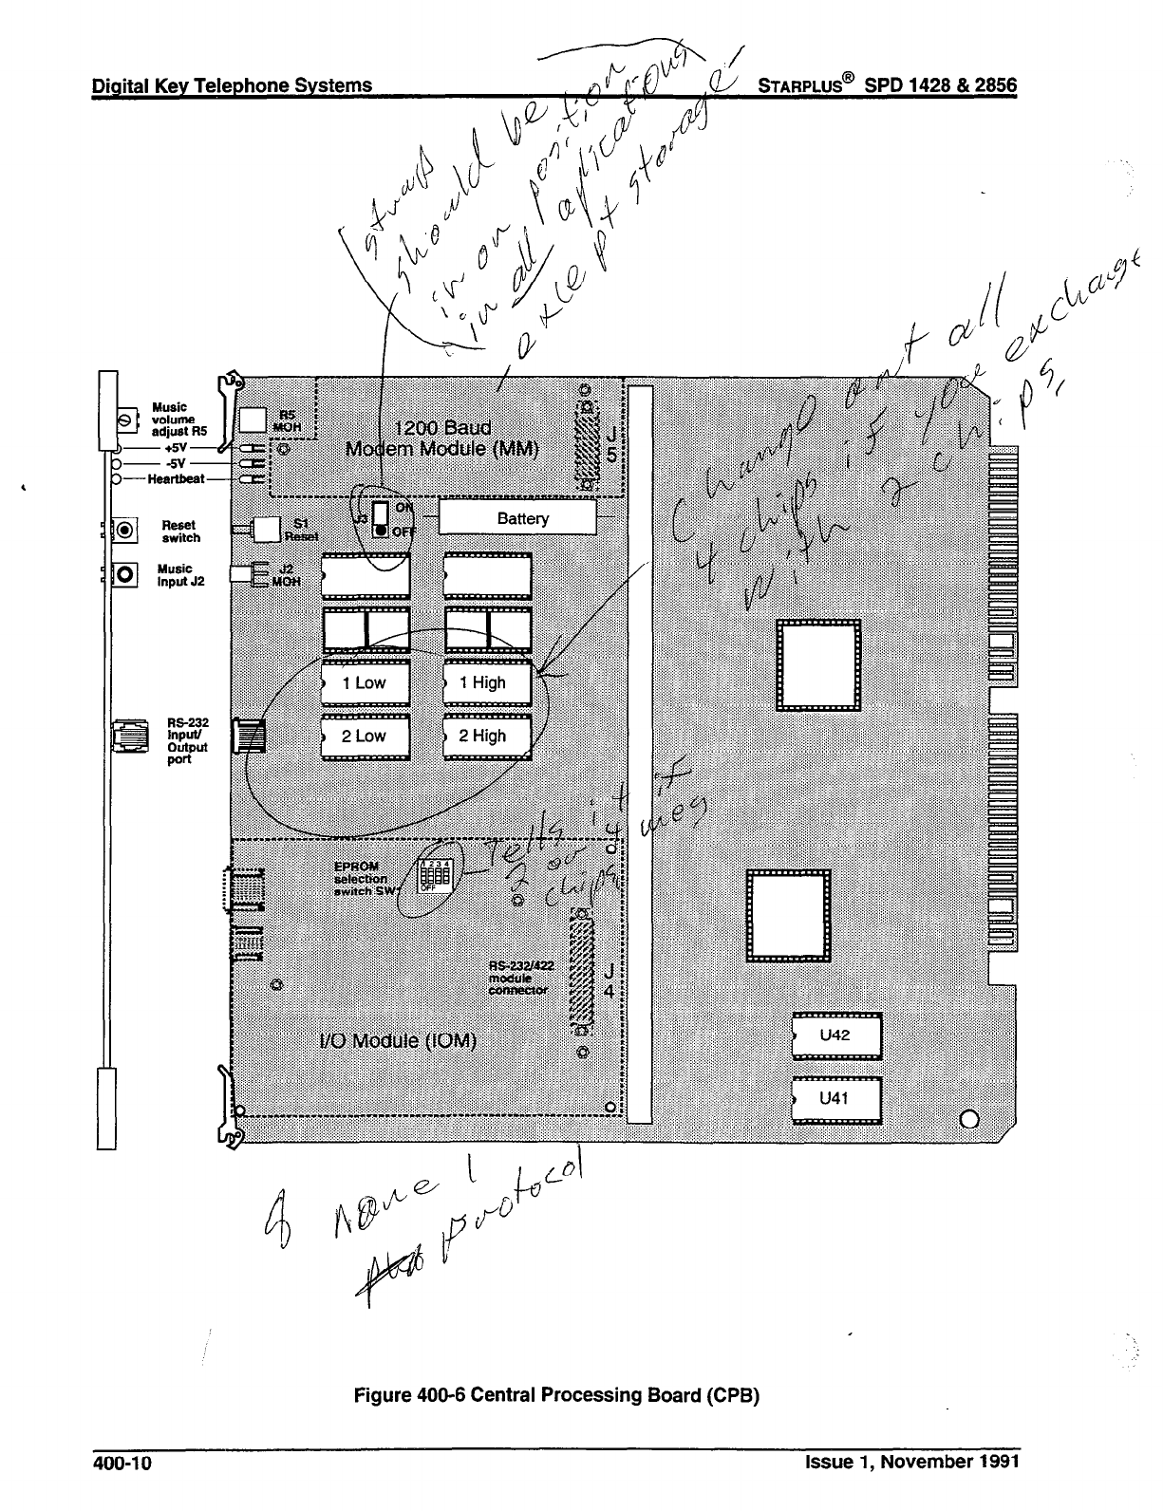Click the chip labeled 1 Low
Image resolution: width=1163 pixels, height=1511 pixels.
[x=366, y=682]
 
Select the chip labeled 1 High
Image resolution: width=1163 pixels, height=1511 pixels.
[x=486, y=682]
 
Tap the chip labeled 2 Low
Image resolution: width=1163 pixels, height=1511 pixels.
[x=366, y=736]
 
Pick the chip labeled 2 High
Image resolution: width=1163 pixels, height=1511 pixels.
[x=486, y=736]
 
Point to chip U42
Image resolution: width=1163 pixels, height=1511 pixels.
[x=836, y=1035]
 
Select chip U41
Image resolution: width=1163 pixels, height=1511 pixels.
[x=836, y=1099]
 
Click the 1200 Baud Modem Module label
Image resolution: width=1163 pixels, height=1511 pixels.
[x=443, y=439]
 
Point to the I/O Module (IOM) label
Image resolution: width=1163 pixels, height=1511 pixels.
[x=398, y=1040]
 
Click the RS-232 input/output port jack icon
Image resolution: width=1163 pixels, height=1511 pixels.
[x=127, y=736]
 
